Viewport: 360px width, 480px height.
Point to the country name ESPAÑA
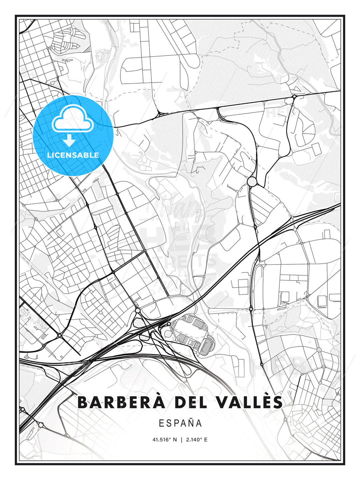click(180, 423)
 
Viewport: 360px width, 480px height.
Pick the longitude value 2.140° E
click(197, 440)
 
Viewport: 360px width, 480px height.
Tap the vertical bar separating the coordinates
click(181, 440)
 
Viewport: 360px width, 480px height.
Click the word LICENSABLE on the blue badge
click(73, 155)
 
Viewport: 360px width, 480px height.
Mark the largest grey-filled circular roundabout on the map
click(252, 182)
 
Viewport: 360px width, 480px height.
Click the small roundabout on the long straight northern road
click(294, 97)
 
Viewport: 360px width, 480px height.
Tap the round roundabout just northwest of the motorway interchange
click(138, 311)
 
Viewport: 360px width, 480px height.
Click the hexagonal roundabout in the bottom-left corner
click(41, 425)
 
